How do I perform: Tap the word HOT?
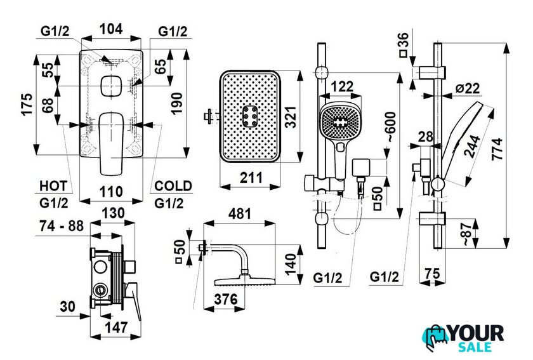click(x=53, y=186)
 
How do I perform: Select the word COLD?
click(x=173, y=186)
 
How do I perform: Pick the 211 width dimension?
click(x=250, y=179)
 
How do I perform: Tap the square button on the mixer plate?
click(x=112, y=86)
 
